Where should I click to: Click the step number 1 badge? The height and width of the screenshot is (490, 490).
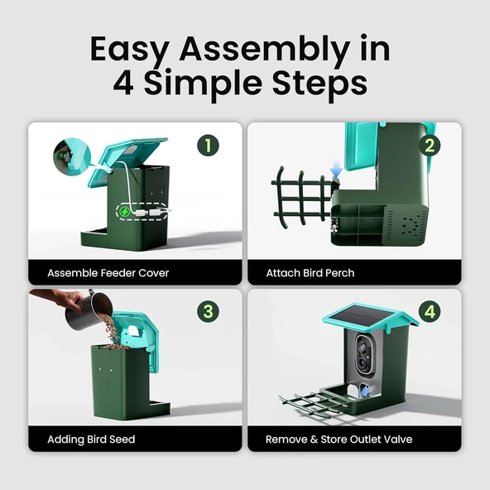(208, 146)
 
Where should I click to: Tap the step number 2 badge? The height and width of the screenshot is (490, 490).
(430, 146)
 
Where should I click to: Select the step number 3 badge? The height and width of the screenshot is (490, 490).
(208, 311)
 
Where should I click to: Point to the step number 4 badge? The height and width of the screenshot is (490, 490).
(430, 311)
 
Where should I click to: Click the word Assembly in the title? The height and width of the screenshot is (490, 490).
(265, 50)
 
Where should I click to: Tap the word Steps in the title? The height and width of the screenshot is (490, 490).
(319, 83)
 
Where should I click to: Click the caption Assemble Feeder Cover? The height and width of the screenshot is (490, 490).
(108, 273)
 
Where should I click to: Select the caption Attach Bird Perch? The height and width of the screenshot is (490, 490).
(310, 273)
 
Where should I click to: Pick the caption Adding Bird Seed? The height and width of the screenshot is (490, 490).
(91, 440)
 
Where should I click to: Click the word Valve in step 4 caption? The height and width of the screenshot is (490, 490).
(398, 440)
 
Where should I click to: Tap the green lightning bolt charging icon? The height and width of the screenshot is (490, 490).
(125, 212)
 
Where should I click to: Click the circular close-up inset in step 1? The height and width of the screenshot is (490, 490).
(72, 157)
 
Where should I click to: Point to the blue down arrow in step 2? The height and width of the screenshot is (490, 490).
(336, 170)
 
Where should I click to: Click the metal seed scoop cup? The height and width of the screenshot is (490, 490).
(89, 310)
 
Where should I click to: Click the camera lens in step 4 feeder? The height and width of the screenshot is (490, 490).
(363, 363)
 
